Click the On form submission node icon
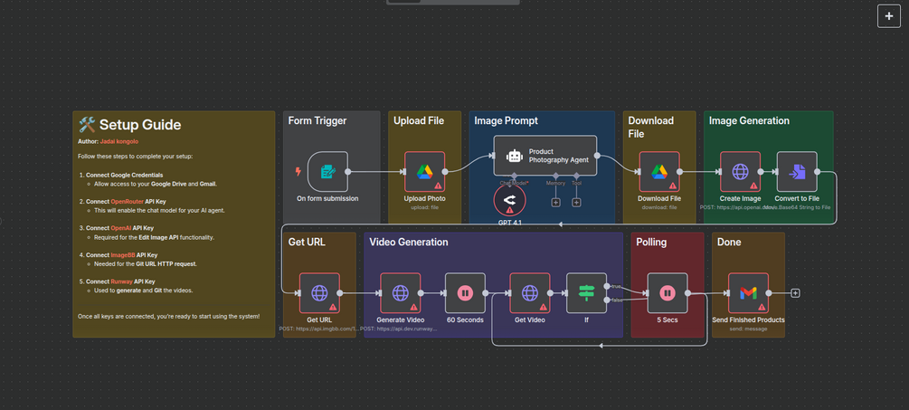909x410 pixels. (x=327, y=171)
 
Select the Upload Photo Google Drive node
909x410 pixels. (x=424, y=171)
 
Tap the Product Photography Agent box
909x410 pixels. (x=545, y=156)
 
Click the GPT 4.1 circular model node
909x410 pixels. (x=509, y=199)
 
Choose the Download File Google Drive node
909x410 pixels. (x=658, y=171)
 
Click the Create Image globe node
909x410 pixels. (x=740, y=171)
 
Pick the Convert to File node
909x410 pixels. (x=797, y=171)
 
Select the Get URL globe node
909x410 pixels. (x=319, y=292)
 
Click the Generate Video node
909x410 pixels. (x=400, y=292)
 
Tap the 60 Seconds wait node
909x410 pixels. (x=465, y=292)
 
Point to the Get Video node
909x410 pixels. (x=530, y=292)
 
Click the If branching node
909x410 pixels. (x=586, y=292)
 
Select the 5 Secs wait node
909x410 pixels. (x=667, y=292)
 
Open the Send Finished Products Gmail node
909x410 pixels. (x=748, y=292)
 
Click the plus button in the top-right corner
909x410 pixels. (x=888, y=16)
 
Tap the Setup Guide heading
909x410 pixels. (x=139, y=125)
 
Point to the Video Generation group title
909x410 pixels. (x=408, y=242)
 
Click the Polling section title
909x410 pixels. (x=651, y=242)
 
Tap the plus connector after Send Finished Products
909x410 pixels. (x=795, y=292)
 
